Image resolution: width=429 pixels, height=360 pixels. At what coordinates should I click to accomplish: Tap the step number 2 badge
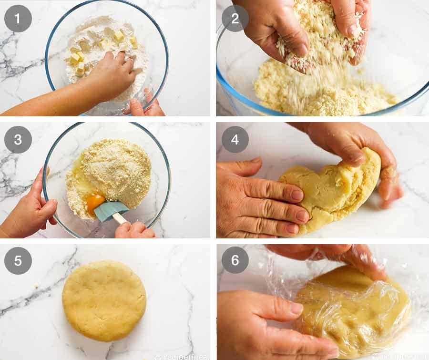click(x=235, y=19)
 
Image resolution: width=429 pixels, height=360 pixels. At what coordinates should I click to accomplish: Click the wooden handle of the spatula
click(x=121, y=219)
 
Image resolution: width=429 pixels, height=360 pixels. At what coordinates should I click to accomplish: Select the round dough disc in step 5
click(x=104, y=300)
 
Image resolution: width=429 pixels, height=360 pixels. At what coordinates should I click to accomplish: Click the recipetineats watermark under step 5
click(x=181, y=356)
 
